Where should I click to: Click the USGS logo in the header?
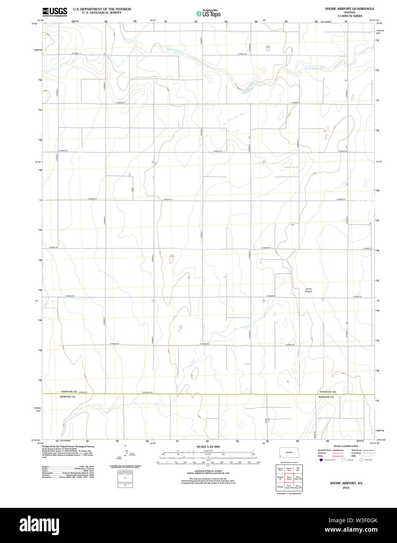(55, 12)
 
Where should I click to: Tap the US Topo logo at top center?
(208, 14)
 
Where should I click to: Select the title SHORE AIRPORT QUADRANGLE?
(349, 9)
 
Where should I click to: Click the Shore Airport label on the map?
(309, 290)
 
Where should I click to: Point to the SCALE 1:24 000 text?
(208, 447)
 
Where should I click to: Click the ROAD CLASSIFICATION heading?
(346, 446)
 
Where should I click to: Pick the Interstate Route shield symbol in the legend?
(321, 460)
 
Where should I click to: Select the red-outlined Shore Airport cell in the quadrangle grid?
(289, 478)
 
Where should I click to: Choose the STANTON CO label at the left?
(69, 391)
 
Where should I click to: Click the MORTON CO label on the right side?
(326, 397)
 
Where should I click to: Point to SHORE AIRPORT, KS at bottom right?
(346, 483)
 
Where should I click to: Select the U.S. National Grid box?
(125, 479)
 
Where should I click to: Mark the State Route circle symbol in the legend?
(361, 460)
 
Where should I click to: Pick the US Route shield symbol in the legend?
(343, 460)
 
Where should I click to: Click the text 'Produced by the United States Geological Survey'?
(68, 446)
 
